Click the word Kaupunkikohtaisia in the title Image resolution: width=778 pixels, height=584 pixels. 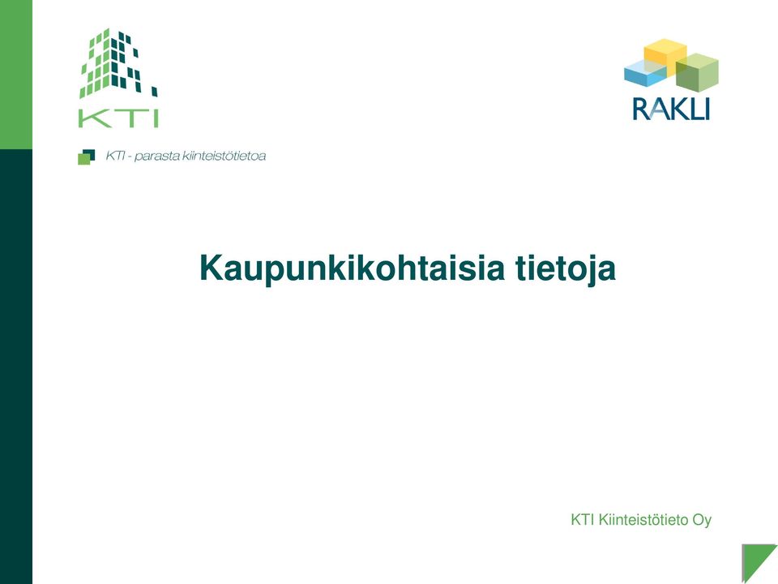352,268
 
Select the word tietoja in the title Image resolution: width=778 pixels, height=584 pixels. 566,269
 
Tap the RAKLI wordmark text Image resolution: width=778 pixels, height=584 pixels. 671,109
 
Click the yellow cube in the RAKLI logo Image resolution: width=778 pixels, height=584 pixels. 665,57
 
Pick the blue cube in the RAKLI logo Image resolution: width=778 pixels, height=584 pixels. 644,72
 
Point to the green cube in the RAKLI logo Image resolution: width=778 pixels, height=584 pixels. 697,72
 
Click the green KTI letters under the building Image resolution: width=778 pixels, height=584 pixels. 118,118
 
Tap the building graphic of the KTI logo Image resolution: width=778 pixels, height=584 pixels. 118,63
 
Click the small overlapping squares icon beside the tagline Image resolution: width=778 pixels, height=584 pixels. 87,157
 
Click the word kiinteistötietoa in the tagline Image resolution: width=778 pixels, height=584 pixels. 224,156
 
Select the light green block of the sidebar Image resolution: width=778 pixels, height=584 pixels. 16,75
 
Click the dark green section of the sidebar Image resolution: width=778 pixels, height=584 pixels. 16,367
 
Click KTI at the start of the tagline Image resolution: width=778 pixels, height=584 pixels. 114,156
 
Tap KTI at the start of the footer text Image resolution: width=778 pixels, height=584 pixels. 583,520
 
